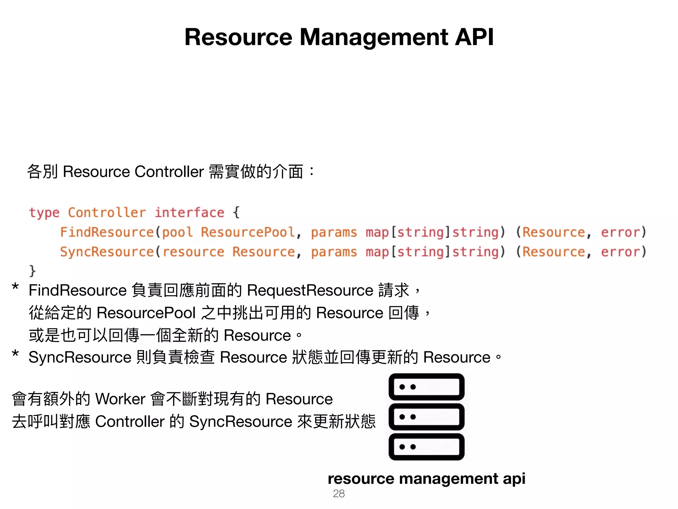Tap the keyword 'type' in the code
point(44,213)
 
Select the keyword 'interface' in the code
point(189,213)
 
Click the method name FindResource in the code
point(107,232)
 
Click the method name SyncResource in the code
point(107,252)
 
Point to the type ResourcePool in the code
point(248,232)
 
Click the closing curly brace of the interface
point(32,271)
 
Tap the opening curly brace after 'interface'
point(236,212)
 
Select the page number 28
point(339,494)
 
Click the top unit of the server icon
point(426,387)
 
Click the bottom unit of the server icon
point(426,447)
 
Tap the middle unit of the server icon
point(426,417)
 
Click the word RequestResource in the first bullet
point(310,291)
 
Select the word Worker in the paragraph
point(120,399)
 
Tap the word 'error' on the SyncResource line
point(620,252)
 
